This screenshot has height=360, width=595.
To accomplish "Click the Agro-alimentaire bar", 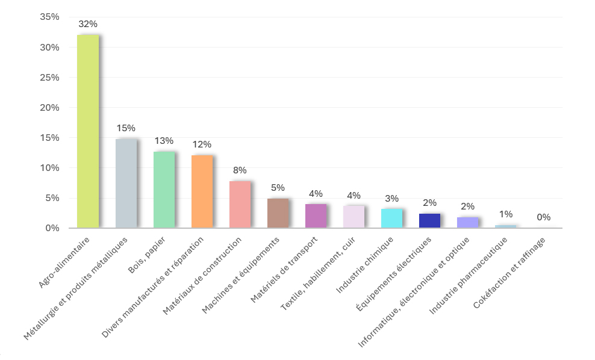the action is [x=88, y=131].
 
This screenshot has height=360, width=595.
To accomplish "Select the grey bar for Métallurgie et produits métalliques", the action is [x=126, y=184].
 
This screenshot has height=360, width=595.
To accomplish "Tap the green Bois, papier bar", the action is [x=164, y=190].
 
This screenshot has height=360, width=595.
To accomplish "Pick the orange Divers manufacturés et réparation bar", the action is [x=202, y=191].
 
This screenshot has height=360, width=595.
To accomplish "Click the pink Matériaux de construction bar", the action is [x=240, y=205].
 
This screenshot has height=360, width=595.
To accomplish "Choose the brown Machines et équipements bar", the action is [x=278, y=213].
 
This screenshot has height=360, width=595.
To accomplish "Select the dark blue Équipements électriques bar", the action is [x=429, y=221].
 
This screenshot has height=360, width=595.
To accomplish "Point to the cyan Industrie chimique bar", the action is [x=391, y=218].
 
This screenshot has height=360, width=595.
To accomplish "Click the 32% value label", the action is [x=88, y=24].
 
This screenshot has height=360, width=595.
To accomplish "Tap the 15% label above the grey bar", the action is [x=126, y=128].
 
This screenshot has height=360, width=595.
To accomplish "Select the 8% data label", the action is [x=240, y=170].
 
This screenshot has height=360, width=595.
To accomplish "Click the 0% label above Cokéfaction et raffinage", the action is [x=543, y=217].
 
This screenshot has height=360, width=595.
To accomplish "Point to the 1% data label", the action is [x=505, y=214].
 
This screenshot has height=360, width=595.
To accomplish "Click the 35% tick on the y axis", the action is [x=50, y=17].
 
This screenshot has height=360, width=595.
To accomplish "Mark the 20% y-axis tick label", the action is [x=50, y=108].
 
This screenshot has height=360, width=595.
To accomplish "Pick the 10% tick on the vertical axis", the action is [x=50, y=168].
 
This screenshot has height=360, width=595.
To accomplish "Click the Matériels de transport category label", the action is [x=284, y=270].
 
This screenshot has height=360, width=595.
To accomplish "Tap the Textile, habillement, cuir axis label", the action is [x=317, y=273].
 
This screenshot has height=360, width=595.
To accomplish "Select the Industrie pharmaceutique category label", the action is [x=468, y=276].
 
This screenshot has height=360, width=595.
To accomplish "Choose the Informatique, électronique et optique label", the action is [x=414, y=292].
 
